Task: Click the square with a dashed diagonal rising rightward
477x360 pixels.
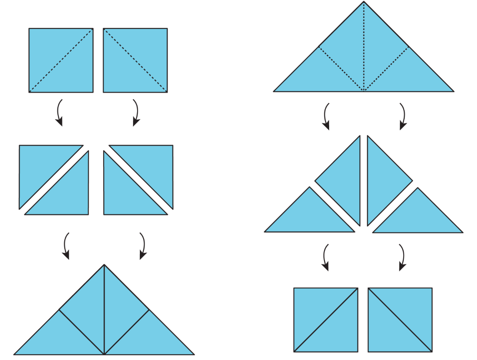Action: point(61,60)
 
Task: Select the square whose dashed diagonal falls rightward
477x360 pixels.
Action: point(135,60)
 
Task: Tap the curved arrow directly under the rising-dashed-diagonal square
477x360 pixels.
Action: point(59,113)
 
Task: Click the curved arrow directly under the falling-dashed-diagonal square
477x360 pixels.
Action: point(136,113)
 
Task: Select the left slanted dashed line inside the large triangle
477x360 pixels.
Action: point(341,69)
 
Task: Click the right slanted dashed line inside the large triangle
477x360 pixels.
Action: point(386,69)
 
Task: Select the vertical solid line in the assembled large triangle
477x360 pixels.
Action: point(104,309)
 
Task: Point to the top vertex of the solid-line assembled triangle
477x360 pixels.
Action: point(104,265)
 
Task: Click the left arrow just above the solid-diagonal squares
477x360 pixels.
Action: point(325,258)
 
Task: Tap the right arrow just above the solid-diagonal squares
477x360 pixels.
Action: point(401,258)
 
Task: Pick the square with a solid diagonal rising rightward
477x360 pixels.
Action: point(326,320)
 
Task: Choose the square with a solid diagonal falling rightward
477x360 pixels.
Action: point(400,320)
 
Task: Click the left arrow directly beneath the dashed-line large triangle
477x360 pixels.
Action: point(326,117)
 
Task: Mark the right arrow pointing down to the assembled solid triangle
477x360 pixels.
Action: point(143,246)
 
